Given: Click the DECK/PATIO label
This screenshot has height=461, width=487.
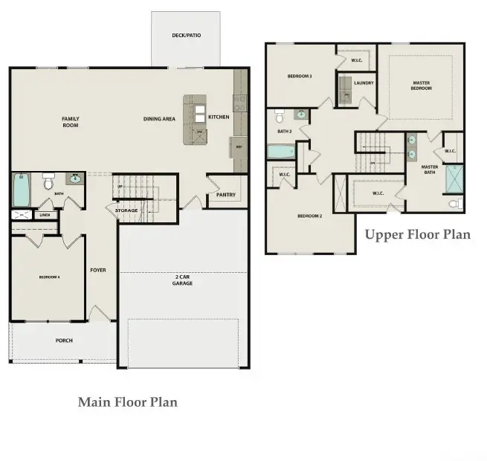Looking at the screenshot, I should click(x=186, y=35).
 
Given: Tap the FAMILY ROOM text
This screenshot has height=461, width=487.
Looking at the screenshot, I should click(x=71, y=122).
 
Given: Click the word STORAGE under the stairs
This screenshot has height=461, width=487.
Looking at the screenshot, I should click(x=127, y=211).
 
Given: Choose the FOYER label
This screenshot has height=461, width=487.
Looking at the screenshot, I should click(x=98, y=270).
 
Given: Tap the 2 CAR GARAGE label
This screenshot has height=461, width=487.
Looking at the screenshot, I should click(x=182, y=280).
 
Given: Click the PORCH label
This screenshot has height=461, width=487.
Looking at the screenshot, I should click(x=64, y=341).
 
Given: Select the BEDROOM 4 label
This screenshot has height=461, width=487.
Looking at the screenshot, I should click(x=49, y=277).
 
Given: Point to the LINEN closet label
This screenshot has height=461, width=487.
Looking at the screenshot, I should click(x=45, y=215).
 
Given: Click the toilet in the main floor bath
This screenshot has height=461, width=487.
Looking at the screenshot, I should click(x=49, y=181).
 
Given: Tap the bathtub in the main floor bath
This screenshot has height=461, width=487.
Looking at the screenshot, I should click(x=21, y=190).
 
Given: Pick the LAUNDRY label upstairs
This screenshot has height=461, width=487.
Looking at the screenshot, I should click(x=364, y=83).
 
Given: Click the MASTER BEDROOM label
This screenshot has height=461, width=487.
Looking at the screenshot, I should click(x=421, y=86).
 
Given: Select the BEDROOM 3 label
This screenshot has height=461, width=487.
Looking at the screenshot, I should click(x=300, y=76).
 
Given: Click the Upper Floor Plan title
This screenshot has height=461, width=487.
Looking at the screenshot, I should click(x=417, y=235).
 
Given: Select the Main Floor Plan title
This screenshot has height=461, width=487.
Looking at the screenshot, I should click(x=128, y=402).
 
